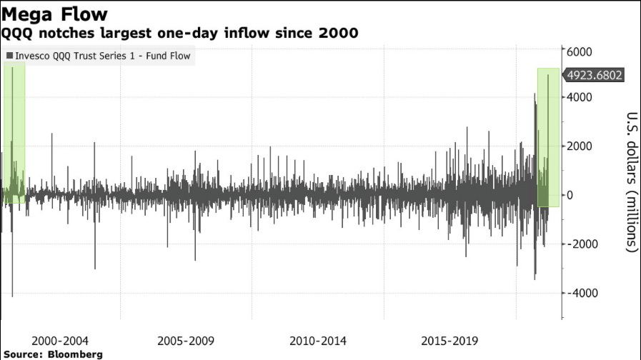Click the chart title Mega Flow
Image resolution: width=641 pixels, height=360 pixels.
[54, 13]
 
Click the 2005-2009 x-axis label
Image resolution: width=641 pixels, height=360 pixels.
[185, 341]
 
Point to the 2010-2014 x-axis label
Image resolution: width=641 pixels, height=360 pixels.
[319, 341]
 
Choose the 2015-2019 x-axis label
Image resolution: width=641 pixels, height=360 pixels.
[452, 341]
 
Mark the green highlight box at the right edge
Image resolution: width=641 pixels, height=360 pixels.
[548, 137]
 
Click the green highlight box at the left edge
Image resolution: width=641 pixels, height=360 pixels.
[14, 132]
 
